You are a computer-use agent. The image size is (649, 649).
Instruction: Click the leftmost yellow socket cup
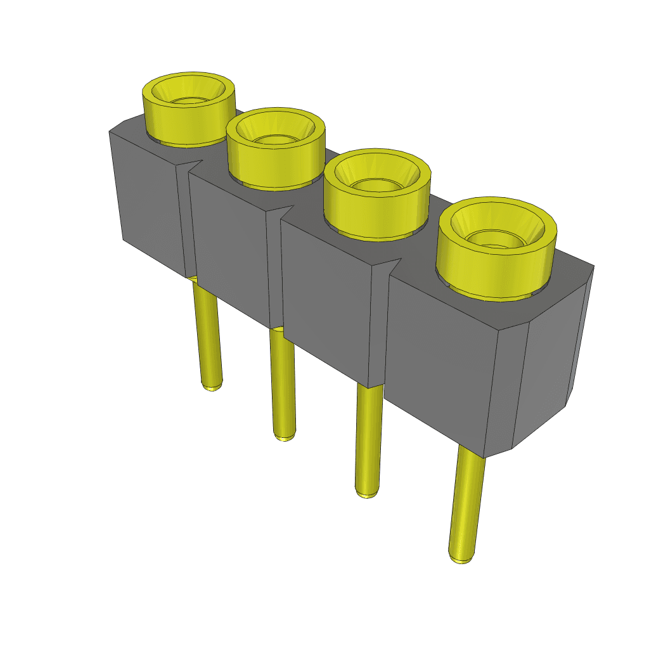click(188, 120)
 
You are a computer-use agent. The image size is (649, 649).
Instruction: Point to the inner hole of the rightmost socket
click(496, 237)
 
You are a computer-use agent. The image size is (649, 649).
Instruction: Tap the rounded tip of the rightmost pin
click(461, 558)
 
